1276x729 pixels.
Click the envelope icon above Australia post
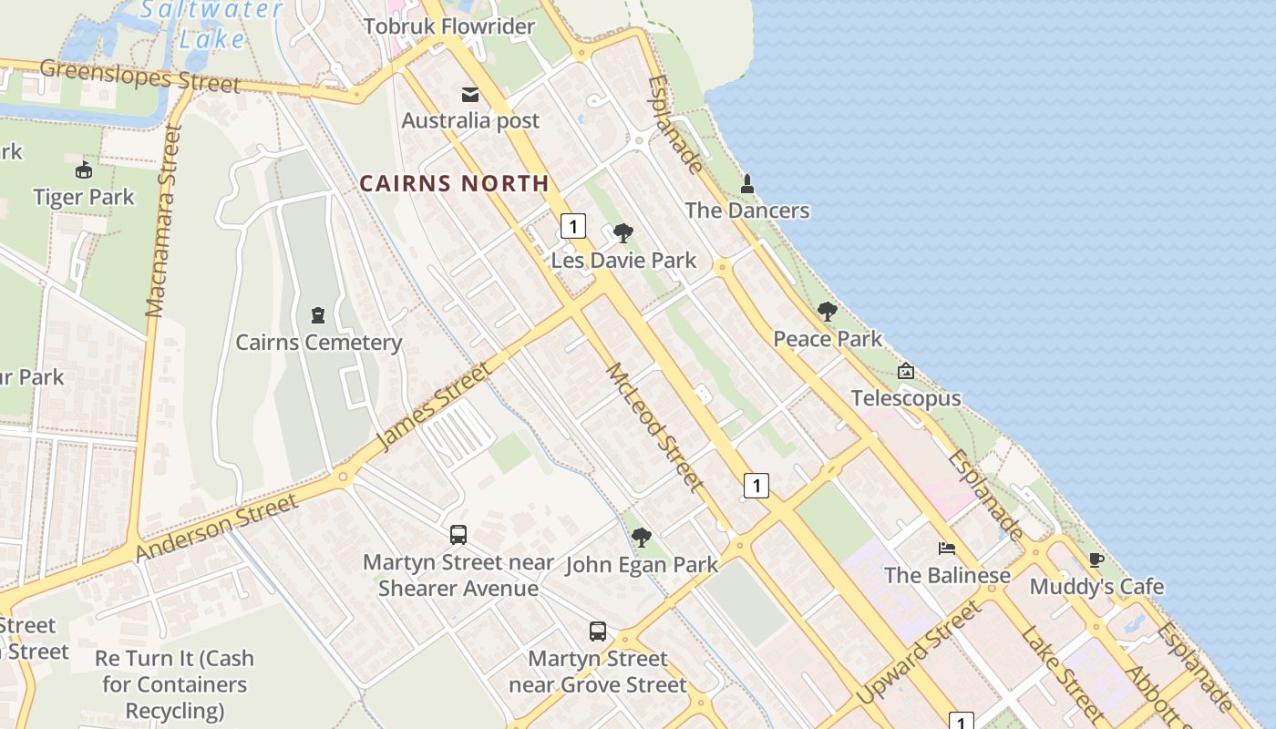[470, 95]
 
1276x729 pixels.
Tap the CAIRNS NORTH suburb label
[454, 183]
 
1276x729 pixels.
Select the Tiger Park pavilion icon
[83, 170]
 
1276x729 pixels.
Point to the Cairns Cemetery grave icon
[317, 316]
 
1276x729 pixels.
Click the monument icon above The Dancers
[747, 184]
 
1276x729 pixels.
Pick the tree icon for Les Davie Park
[623, 234]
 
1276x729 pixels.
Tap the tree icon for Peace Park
[827, 313]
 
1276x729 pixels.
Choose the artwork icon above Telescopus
[906, 372]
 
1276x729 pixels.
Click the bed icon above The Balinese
[947, 549]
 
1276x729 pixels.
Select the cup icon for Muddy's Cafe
[1096, 560]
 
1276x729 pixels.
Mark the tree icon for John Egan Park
[642, 538]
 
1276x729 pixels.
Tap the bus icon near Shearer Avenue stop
[458, 535]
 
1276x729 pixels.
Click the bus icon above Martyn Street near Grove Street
[598, 631]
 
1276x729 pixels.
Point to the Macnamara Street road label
[164, 221]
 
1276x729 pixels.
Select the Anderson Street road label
[217, 529]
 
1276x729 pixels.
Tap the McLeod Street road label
[654, 426]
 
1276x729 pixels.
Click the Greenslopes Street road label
[139, 76]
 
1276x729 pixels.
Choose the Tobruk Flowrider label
[449, 26]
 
